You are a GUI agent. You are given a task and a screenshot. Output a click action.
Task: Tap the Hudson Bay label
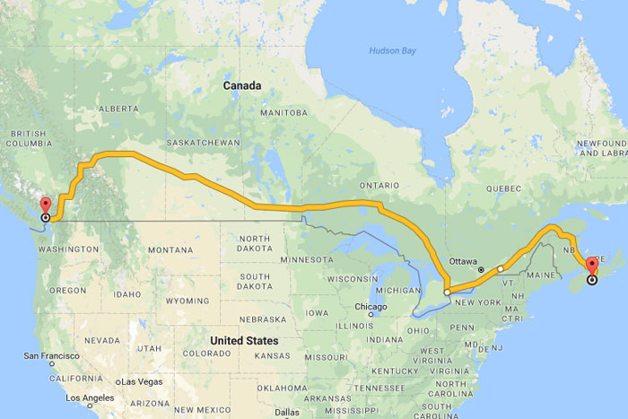(393, 50)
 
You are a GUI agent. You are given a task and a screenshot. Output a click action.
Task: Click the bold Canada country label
(242, 86)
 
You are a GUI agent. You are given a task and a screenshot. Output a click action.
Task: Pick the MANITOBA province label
(283, 113)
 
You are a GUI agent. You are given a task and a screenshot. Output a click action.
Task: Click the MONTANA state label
(170, 249)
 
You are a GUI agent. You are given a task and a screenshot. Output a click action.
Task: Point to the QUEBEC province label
(503, 188)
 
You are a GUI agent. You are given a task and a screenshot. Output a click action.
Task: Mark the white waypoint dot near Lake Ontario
(447, 292)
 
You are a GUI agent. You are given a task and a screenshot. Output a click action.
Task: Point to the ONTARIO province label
(378, 185)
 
